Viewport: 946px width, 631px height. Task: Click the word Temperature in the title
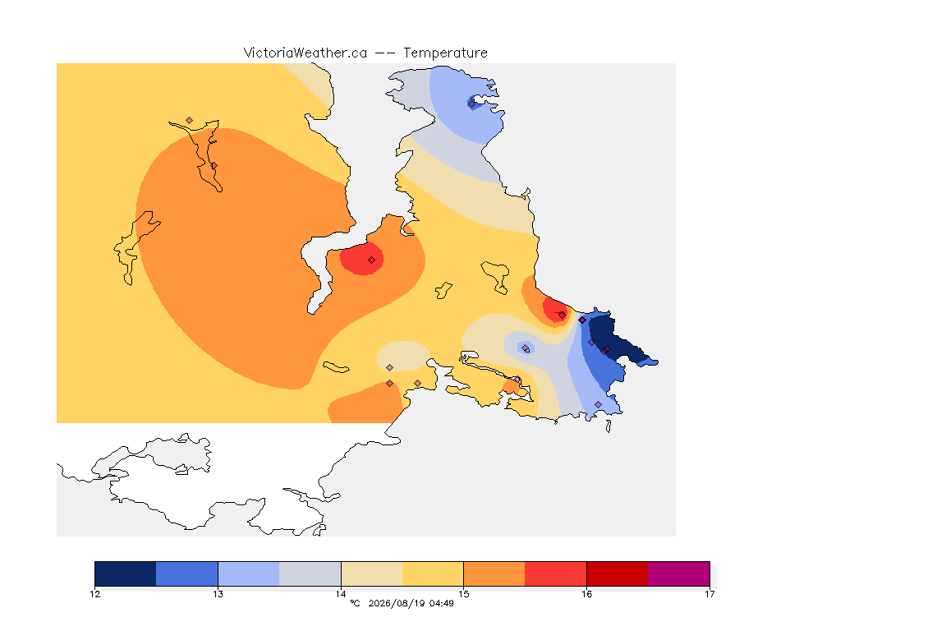click(x=445, y=53)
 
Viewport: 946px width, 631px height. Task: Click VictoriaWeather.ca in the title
click(x=305, y=53)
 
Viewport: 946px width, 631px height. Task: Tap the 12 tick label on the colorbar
click(x=94, y=594)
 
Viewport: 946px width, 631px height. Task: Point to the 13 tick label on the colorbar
click(x=218, y=594)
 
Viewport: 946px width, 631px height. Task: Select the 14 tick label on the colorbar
click(x=341, y=594)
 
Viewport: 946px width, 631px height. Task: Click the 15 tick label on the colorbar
click(x=463, y=594)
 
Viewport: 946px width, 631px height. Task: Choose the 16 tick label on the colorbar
click(x=586, y=594)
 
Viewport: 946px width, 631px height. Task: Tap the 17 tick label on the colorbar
click(x=709, y=594)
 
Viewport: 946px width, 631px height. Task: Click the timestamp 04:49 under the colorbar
click(x=442, y=603)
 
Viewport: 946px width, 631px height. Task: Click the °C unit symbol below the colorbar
click(x=355, y=603)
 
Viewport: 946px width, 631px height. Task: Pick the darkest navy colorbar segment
click(x=126, y=573)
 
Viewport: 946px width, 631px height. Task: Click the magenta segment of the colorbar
click(x=679, y=573)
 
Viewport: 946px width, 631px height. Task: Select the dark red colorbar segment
click(x=618, y=573)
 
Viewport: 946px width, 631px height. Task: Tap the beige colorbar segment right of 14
click(x=372, y=573)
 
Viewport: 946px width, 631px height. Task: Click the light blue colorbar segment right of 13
click(x=249, y=573)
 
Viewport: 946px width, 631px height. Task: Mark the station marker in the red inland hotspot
click(x=372, y=260)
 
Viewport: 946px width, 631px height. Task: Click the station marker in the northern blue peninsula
click(x=471, y=104)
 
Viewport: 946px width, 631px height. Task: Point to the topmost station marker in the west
click(x=190, y=121)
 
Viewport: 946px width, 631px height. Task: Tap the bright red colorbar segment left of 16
click(x=556, y=573)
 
